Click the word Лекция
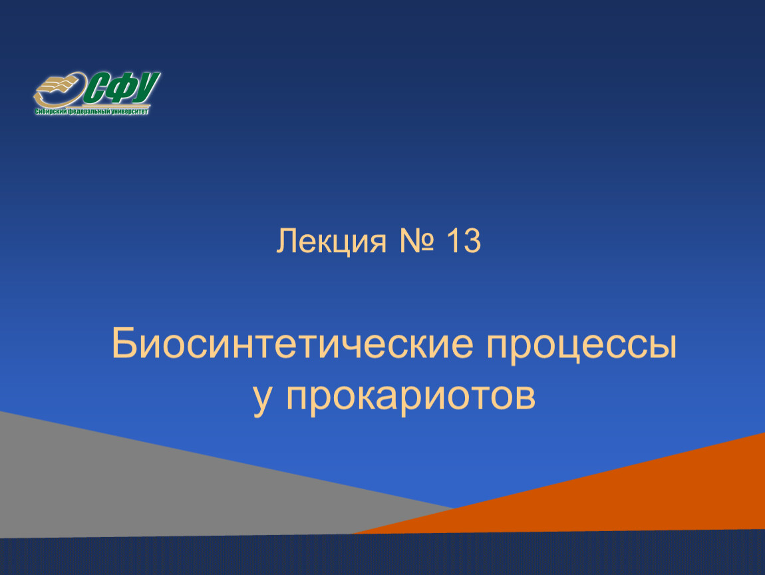pyautogui.click(x=331, y=242)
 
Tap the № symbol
pyautogui.click(x=416, y=241)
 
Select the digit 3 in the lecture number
pyautogui.click(x=472, y=241)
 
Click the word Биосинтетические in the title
pyautogui.click(x=293, y=344)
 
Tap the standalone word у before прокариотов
pyautogui.click(x=262, y=399)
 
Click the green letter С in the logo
pyautogui.click(x=96, y=89)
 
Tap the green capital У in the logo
pyautogui.click(x=146, y=88)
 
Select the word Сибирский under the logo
pyautogui.click(x=51, y=112)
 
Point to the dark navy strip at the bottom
pyautogui.click(x=382, y=556)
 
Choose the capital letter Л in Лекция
pyautogui.click(x=285, y=241)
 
